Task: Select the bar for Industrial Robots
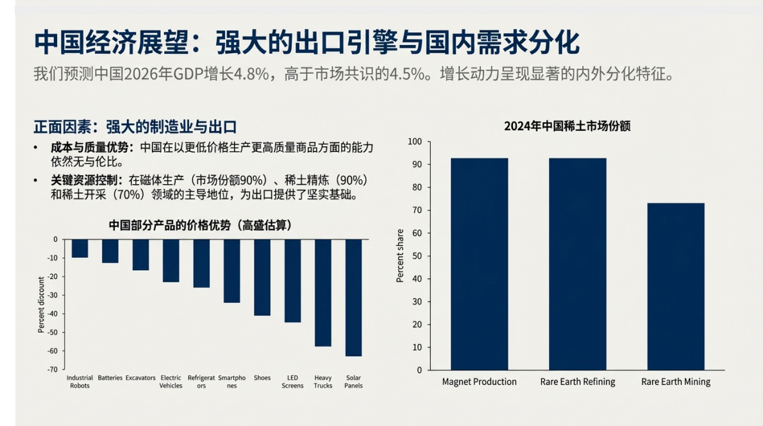(80, 248)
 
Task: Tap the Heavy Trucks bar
(323, 293)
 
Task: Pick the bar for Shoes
(262, 277)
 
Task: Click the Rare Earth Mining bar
(676, 286)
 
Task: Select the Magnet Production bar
(479, 264)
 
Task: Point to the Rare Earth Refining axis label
(577, 382)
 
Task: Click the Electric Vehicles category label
(171, 382)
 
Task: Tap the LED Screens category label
(292, 382)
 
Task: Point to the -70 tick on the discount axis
(51, 370)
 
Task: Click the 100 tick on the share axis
(415, 142)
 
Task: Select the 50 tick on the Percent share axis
(417, 256)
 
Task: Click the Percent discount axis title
(41, 305)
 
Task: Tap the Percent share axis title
(400, 256)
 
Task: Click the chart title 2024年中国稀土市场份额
(567, 126)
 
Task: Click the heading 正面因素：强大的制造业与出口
(138, 126)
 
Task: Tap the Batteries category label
(110, 378)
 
